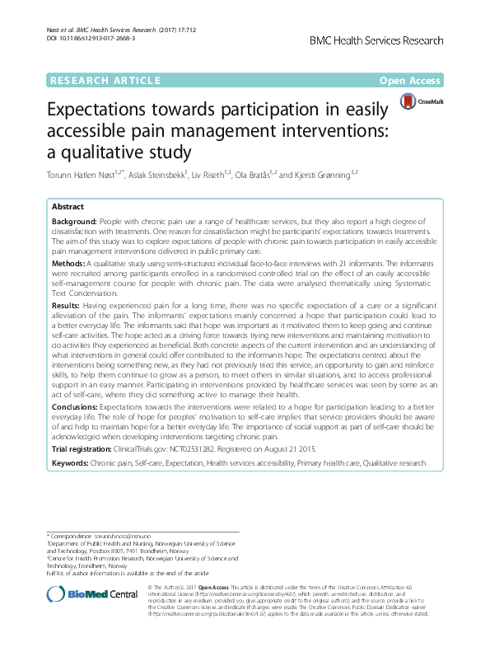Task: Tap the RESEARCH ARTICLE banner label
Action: pos(105,81)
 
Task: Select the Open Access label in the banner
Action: pos(414,81)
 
